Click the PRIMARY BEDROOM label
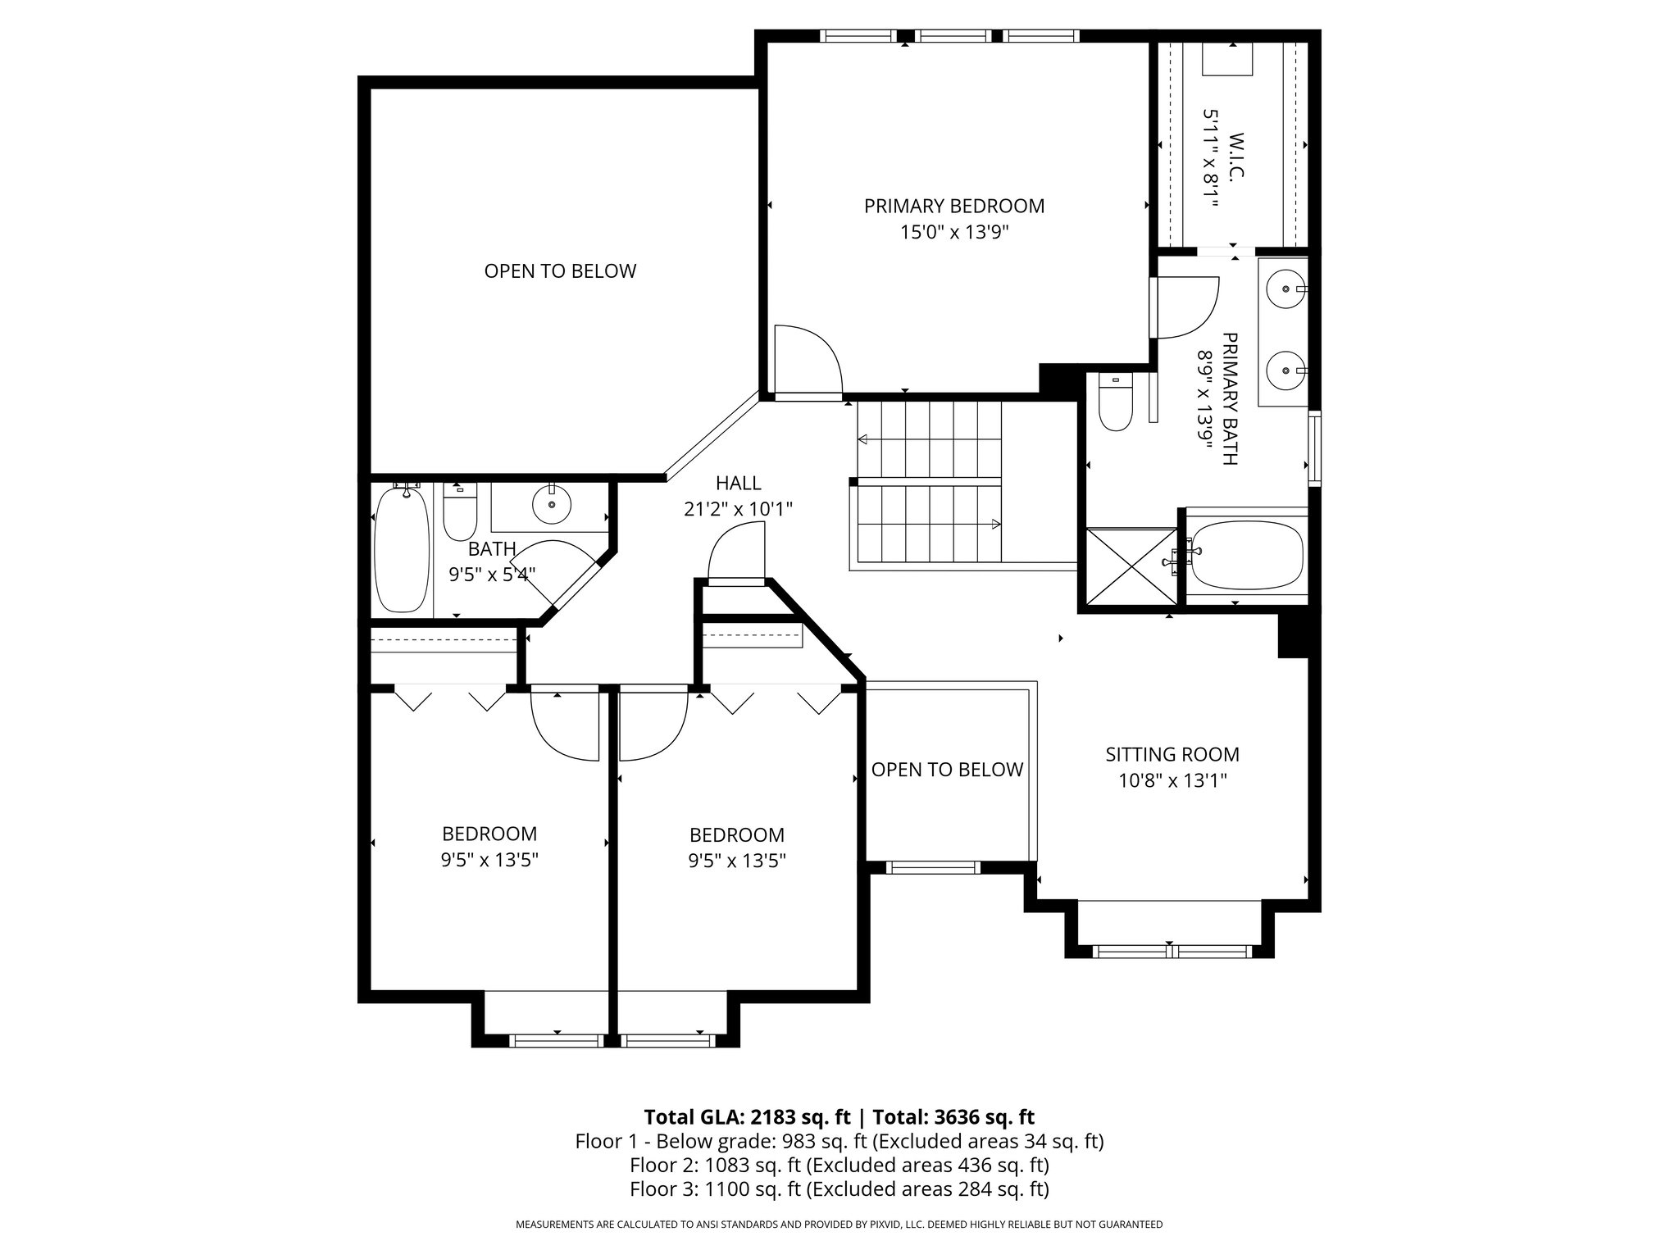(x=954, y=206)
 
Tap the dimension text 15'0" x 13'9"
(x=954, y=233)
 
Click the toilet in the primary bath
(x=1115, y=404)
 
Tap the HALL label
(x=738, y=484)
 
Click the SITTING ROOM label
(x=1172, y=754)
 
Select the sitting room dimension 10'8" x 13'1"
(x=1172, y=780)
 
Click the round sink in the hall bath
(x=551, y=506)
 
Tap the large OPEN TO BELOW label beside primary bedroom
(x=560, y=271)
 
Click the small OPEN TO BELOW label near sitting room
(x=947, y=770)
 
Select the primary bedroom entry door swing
(x=808, y=361)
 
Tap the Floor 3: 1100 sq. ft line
(x=839, y=1189)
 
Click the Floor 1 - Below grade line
(x=839, y=1141)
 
